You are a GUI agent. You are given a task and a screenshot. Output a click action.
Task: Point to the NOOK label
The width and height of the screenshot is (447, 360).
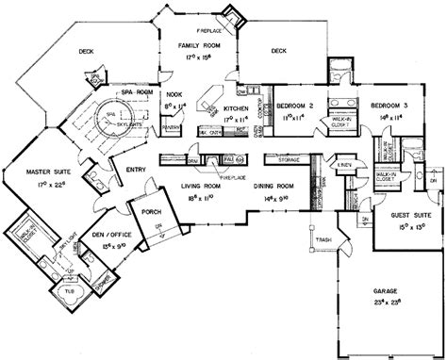tap(174, 94)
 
